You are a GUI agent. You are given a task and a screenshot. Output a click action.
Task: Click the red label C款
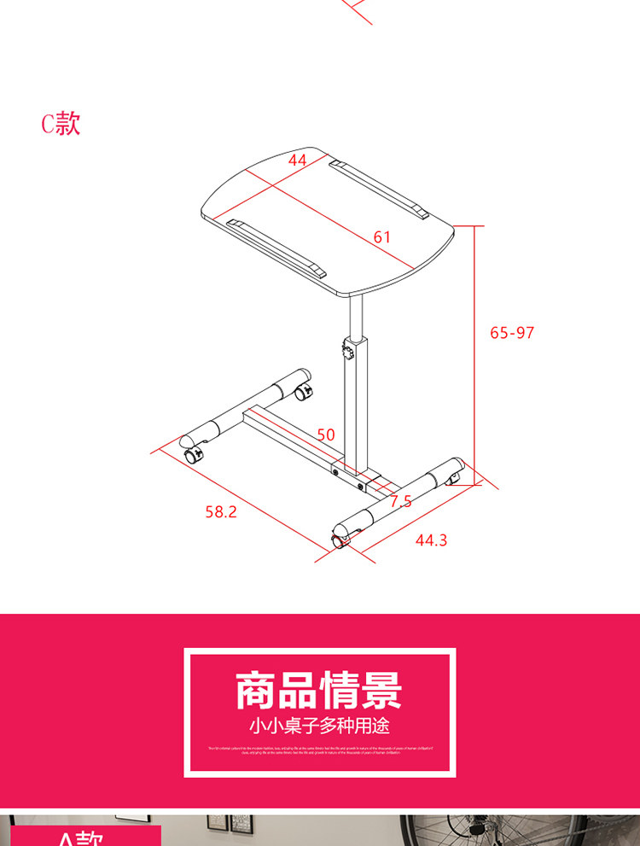coord(61,124)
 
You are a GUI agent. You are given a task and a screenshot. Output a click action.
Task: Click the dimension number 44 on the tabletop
coord(297,160)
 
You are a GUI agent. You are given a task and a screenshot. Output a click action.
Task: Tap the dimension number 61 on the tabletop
coord(381,236)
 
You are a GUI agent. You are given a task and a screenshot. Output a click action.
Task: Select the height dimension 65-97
coord(512,332)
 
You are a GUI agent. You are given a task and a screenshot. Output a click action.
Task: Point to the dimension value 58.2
coord(220,511)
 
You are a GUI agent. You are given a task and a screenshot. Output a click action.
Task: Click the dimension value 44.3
coord(431,540)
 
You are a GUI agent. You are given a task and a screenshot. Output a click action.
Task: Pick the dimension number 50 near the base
coord(326,435)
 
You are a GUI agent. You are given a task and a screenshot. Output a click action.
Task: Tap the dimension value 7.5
coord(400,501)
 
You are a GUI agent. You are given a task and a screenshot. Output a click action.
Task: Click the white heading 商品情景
coord(319,691)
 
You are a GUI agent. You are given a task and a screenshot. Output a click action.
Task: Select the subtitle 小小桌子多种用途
coord(319,726)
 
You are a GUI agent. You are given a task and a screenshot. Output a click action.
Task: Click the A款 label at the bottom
coord(81,837)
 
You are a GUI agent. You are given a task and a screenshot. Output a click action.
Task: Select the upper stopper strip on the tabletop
coord(379,188)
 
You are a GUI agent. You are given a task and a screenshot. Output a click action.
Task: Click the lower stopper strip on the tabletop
coord(277,248)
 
